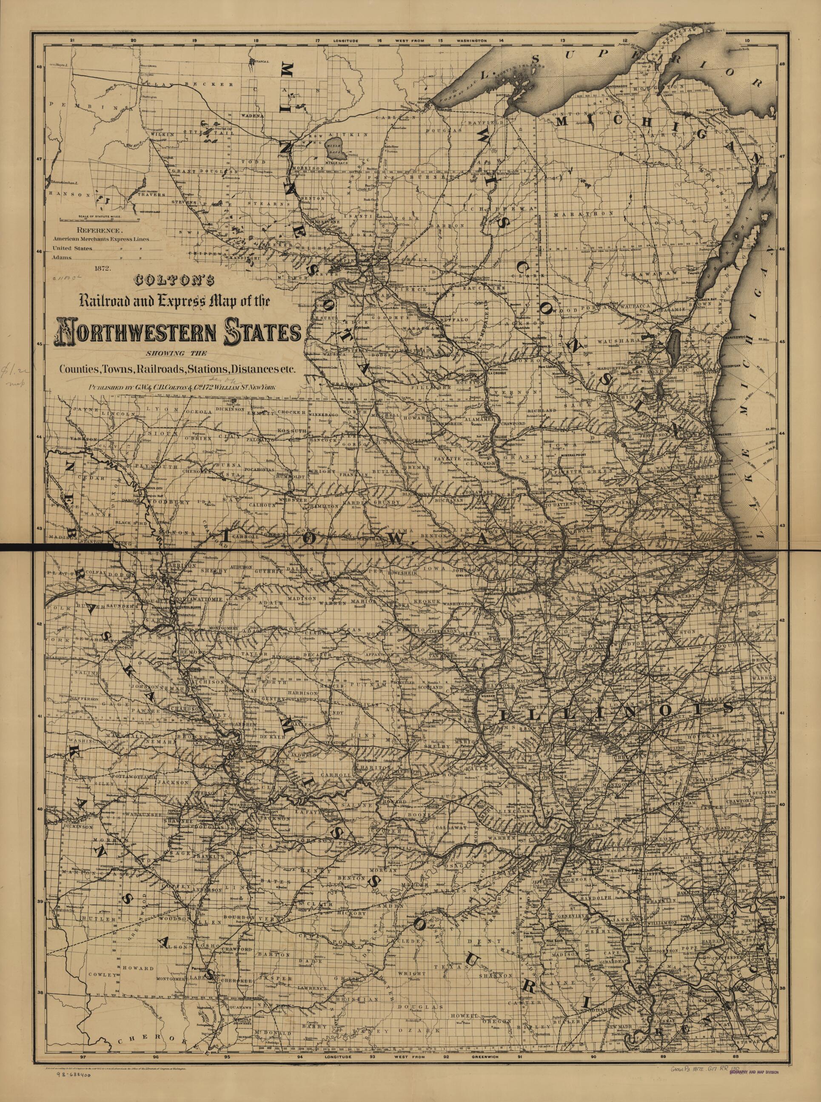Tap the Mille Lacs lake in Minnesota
332,149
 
